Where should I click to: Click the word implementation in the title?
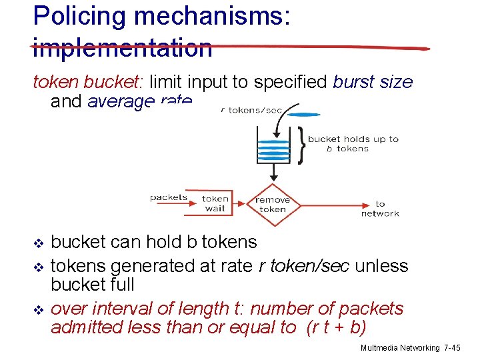coord(123,47)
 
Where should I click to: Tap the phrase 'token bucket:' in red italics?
coord(89,82)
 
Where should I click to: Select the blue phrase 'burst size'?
coord(373,82)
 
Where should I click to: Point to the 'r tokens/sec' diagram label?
coord(251,110)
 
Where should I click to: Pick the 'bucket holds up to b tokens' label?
coord(353,144)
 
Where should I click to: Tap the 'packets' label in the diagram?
coord(169,197)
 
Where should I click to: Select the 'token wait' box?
coord(215,203)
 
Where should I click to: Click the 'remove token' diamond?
coord(273,204)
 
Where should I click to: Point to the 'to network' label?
coord(380,209)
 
